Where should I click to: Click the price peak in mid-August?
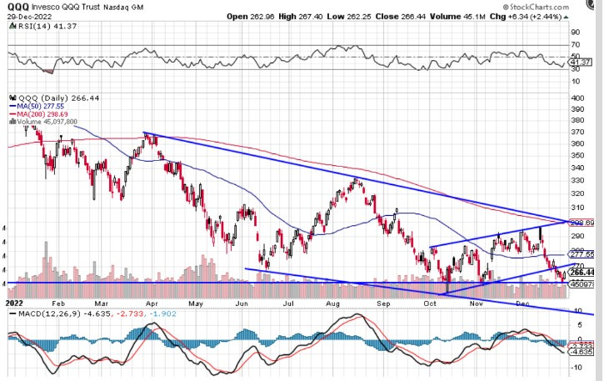pyautogui.click(x=356, y=178)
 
